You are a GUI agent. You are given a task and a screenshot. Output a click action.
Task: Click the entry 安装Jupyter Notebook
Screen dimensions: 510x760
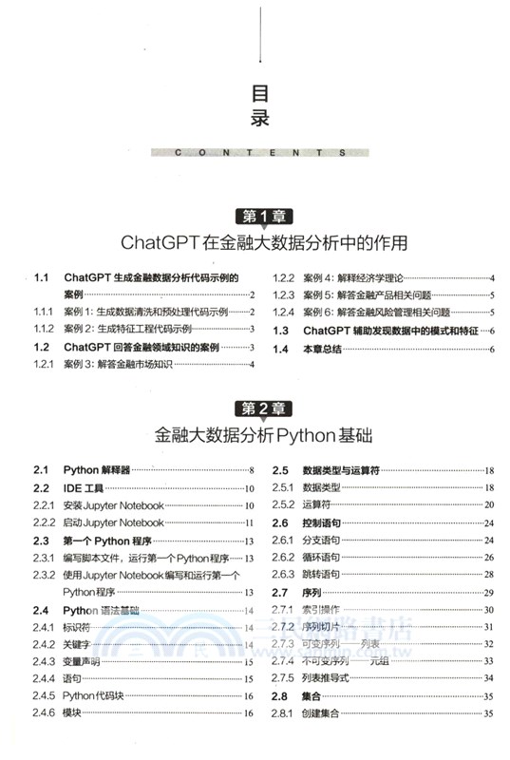tap(113, 505)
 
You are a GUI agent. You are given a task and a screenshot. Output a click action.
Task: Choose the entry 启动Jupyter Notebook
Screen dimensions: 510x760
tap(113, 522)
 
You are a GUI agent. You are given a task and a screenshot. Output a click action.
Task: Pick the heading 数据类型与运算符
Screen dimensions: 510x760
tap(341, 470)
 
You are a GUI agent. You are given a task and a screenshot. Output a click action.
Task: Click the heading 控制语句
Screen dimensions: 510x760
tap(323, 522)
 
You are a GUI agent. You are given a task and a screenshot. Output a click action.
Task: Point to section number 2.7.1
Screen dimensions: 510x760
tap(282, 609)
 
